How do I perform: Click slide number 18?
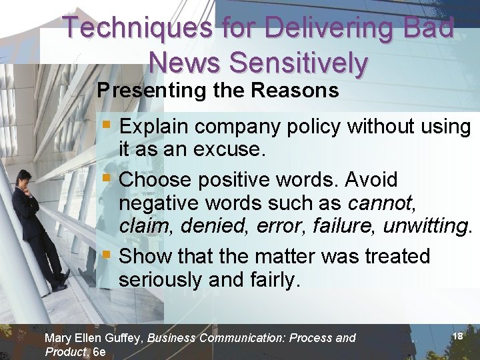pyautogui.click(x=457, y=337)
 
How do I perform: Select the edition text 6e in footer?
pyautogui.click(x=99, y=352)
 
